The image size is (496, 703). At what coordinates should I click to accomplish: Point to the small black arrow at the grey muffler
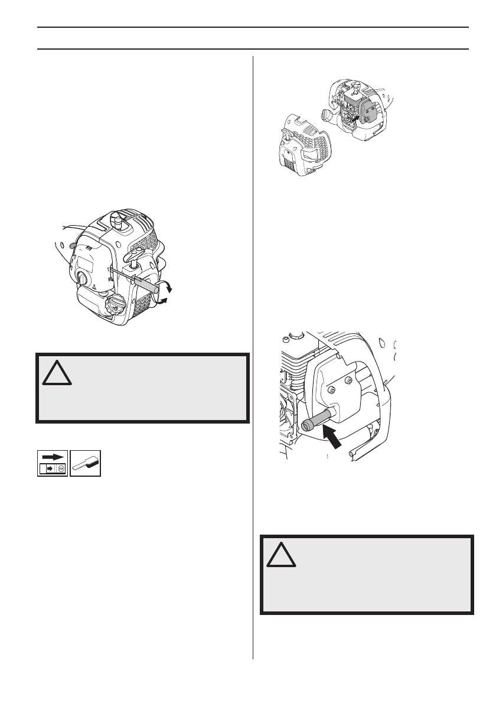coord(353,119)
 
